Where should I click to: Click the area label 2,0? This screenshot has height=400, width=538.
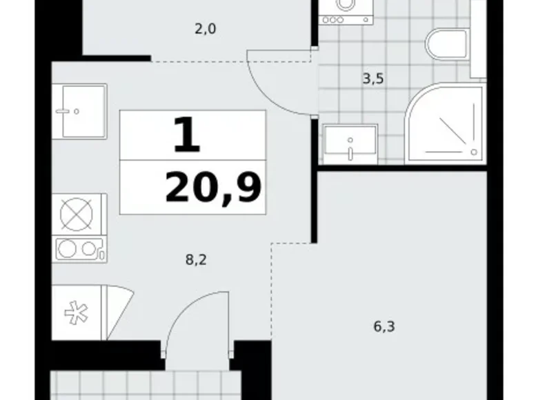point(205,29)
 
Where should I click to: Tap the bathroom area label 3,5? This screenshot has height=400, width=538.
point(373,79)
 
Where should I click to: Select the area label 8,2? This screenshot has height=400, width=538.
point(196,260)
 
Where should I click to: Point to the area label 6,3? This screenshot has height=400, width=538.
point(384,326)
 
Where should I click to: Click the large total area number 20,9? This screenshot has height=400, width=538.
point(213,188)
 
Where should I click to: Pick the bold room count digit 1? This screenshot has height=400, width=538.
point(187,134)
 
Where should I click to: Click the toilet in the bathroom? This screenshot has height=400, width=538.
point(448,44)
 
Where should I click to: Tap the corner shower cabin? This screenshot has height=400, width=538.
point(445,123)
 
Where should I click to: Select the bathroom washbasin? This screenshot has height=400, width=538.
point(350,144)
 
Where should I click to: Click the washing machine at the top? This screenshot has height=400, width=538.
point(346,12)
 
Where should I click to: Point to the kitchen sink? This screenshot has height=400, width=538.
point(79,111)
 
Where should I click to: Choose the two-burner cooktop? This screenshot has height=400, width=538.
point(79,249)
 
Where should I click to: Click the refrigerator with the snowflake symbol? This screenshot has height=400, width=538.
point(77,312)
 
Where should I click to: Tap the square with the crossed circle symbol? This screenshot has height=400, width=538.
point(76,214)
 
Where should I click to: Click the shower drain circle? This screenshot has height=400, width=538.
point(474,152)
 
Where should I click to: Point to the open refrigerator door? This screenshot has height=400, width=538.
point(119,312)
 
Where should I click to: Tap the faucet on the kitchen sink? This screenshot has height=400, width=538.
point(68,112)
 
